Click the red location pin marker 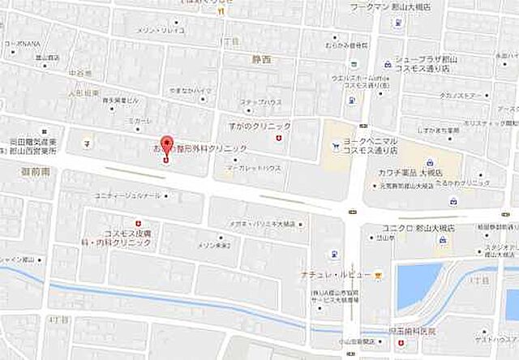[168, 146]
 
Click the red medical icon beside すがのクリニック [280, 140]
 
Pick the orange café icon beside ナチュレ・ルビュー [378, 275]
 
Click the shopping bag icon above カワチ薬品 [427, 161]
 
